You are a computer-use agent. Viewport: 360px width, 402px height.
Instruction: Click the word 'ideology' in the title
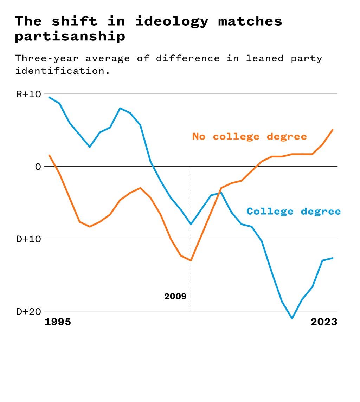pyautogui.click(x=172, y=22)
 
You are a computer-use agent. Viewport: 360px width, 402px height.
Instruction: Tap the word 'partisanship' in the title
pyautogui.click(x=70, y=37)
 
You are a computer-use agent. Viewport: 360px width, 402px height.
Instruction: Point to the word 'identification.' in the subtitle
pyautogui.click(x=63, y=71)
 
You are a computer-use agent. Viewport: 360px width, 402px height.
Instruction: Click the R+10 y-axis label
pyautogui.click(x=28, y=94)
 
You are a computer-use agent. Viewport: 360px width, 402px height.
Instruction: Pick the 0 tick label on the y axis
pyautogui.click(x=38, y=167)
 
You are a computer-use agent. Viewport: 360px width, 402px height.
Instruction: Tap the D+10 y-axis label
pyautogui.click(x=28, y=239)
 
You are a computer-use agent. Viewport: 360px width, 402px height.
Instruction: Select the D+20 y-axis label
pyautogui.click(x=28, y=312)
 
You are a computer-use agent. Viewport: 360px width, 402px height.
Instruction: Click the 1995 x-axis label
pyautogui.click(x=58, y=322)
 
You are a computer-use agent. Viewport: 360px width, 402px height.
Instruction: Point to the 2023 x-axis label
pyautogui.click(x=324, y=322)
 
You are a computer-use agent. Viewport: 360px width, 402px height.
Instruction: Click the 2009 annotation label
pyautogui.click(x=175, y=297)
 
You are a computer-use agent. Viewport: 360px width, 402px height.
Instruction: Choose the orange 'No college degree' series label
pyautogui.click(x=249, y=136)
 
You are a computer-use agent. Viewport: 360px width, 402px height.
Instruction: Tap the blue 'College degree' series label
pyautogui.click(x=294, y=211)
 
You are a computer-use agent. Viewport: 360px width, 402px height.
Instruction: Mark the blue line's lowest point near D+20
pyautogui.click(x=292, y=318)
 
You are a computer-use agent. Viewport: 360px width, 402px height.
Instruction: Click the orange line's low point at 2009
pyautogui.click(x=191, y=261)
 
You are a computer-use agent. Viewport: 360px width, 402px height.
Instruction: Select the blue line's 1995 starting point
pyautogui.click(x=49, y=97)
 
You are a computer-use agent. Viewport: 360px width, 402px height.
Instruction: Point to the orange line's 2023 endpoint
pyautogui.click(x=333, y=130)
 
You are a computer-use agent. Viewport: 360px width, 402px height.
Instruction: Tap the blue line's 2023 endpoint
pyautogui.click(x=333, y=258)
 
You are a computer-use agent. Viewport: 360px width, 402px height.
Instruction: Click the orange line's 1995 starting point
pyautogui.click(x=49, y=155)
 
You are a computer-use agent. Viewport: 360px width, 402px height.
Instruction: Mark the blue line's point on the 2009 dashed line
pyautogui.click(x=191, y=224)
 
